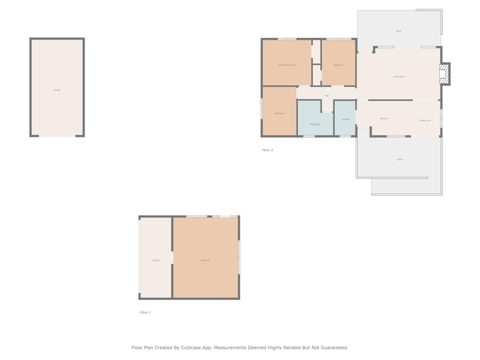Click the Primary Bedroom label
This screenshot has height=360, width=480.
[x=287, y=65]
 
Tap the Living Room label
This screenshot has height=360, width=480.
[x=399, y=77]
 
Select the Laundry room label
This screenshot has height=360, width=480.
[x=345, y=119]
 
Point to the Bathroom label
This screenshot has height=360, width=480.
[x=315, y=124]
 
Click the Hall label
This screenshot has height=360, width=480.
[x=327, y=96]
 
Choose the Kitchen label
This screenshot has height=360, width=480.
[x=384, y=119]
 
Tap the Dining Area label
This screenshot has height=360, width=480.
[x=425, y=120]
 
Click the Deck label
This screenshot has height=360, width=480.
[x=399, y=31]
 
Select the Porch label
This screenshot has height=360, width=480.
[x=400, y=160]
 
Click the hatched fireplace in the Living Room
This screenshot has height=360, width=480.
[x=444, y=74]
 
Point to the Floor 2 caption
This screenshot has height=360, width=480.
[x=267, y=150]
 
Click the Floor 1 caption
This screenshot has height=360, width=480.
[x=145, y=312]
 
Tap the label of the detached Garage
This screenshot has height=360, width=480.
[x=57, y=90]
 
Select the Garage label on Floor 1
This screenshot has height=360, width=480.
[x=156, y=260]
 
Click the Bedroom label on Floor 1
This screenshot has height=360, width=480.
[x=205, y=260]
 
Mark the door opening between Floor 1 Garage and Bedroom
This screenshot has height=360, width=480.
[x=172, y=258]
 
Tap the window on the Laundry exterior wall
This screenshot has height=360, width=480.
[x=345, y=136]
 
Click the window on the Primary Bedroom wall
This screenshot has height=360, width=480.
[x=287, y=39]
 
